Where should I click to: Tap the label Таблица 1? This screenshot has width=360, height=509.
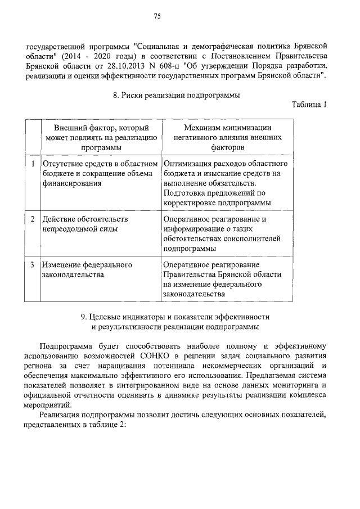309,105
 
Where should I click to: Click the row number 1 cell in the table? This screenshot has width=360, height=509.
33,164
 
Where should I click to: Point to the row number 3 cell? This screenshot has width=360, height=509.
33,264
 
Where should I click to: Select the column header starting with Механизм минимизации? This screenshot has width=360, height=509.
228,137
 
